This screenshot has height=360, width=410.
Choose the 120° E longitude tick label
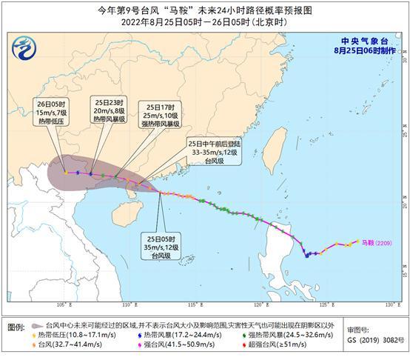click(260, 304)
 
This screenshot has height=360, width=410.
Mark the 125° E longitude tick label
click(324, 304)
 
